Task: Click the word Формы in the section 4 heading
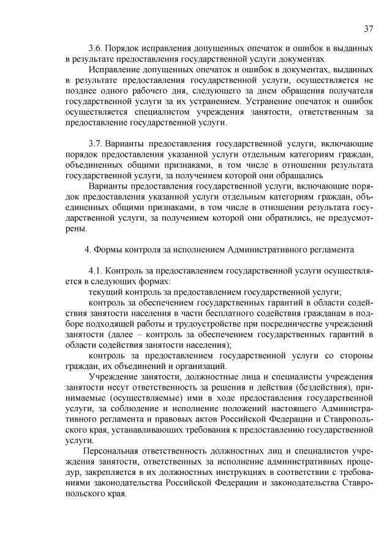tap(110, 249)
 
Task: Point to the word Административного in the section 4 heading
tap(266, 249)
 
